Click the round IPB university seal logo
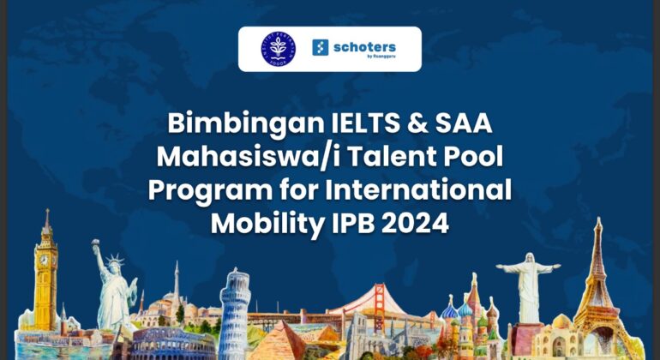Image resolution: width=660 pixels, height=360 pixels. pos(279,49)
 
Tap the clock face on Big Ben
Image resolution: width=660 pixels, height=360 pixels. pos(45,260)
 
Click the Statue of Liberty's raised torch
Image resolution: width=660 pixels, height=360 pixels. pos(96,245)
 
